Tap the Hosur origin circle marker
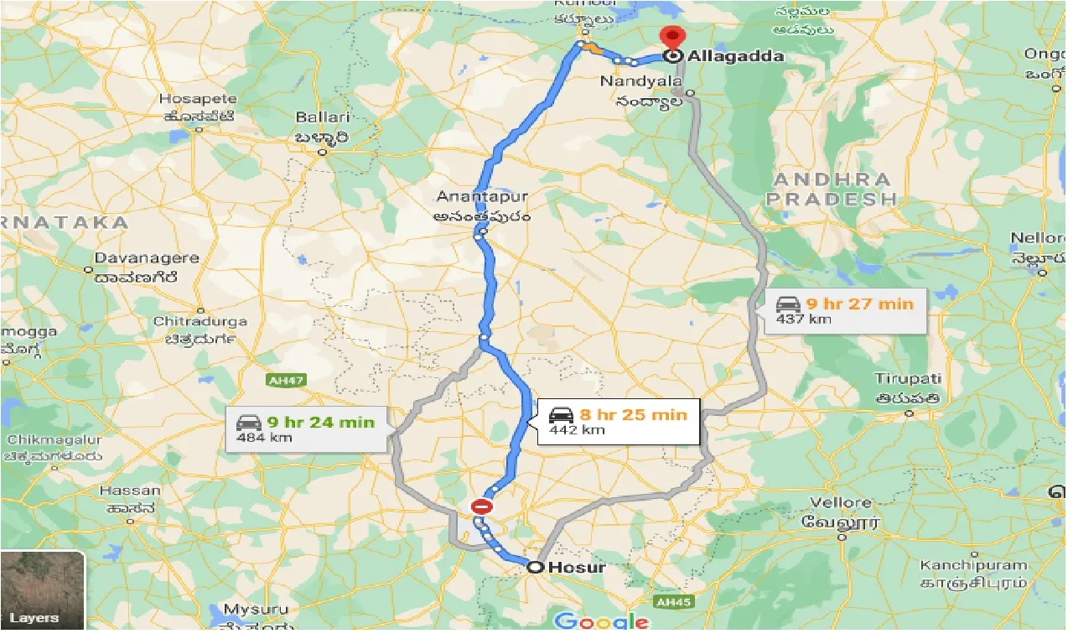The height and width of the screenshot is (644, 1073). [535, 568]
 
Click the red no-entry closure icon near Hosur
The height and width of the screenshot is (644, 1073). [480, 506]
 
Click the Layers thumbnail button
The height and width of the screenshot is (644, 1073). [43, 589]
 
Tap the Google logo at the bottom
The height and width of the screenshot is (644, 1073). [602, 621]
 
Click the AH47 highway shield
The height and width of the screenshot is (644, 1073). [284, 380]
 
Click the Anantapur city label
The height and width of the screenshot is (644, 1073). [482, 196]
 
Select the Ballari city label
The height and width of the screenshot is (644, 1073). [322, 117]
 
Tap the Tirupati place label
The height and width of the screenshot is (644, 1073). [908, 379]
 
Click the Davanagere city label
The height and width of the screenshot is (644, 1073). [147, 258]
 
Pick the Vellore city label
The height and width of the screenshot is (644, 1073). [841, 502]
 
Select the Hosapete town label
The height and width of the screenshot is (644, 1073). [198, 99]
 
